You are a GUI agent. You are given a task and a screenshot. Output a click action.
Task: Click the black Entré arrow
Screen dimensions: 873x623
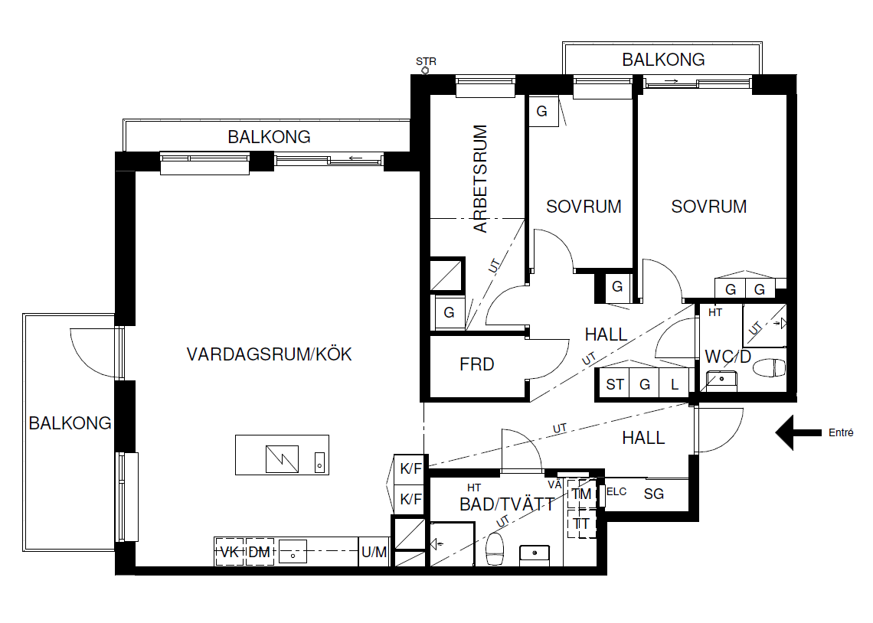pos(798,432)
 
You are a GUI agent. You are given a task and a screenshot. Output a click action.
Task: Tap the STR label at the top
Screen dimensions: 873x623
pos(426,61)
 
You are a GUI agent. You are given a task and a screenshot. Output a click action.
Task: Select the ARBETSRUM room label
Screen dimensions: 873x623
pos(480,178)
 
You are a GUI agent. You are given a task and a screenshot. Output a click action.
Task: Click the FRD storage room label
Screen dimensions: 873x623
pos(476,364)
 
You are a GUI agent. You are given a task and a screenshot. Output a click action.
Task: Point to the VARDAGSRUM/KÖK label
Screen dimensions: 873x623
pos(269,354)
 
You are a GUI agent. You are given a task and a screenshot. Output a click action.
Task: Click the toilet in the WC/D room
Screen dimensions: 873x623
pos(770,367)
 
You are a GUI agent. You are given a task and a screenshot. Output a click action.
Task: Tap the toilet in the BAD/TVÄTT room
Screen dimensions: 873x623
pos(495,549)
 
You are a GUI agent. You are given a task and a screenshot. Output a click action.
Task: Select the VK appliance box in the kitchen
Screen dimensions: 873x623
pos(230,552)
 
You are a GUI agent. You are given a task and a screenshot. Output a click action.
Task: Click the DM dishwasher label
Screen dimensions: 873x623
pos(259,553)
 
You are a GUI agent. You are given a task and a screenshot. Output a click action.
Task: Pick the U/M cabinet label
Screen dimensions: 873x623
pos(374,553)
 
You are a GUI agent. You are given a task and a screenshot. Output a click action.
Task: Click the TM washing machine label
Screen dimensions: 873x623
pos(581,494)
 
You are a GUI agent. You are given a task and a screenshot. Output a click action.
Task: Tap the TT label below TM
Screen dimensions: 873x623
pos(581,524)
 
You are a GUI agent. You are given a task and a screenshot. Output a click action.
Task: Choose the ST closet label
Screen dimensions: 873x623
pos(615,384)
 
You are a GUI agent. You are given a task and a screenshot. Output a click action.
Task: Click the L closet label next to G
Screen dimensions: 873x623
pos(675,384)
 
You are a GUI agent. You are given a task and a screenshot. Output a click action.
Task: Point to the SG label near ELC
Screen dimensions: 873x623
pos(654,494)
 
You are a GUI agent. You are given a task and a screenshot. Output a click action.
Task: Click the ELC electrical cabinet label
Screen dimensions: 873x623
pos(616,491)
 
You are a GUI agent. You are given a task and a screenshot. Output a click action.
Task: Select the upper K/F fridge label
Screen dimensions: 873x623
pos(411,469)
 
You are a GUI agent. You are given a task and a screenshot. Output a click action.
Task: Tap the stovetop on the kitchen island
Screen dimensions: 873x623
pos(282,459)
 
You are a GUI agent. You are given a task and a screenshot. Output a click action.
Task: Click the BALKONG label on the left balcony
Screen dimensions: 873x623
pos(70,423)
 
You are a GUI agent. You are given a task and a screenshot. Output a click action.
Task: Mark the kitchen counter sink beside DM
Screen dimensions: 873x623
pos(293,552)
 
